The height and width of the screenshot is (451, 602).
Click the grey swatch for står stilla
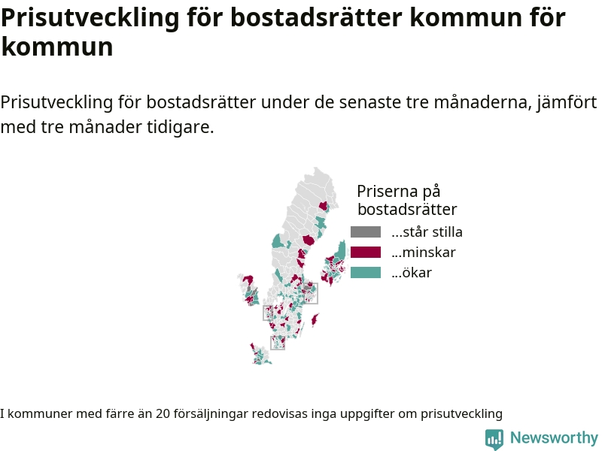coord(366,232)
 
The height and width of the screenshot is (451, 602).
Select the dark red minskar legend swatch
coord(366,253)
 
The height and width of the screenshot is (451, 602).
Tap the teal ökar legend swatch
coord(366,273)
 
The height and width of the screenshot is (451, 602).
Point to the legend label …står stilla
coord(427,232)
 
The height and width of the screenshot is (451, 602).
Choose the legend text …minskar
coord(424,253)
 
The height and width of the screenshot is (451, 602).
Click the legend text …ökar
coord(412,273)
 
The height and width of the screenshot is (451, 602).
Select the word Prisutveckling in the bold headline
coord(90,18)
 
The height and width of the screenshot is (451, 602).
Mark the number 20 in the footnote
coord(163,414)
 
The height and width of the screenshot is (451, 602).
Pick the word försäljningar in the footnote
coord(211,414)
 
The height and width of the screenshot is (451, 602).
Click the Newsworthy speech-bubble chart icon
coord(494,439)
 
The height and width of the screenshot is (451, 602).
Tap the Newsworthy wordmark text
coord(554,437)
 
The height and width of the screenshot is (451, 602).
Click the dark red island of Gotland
coord(315,319)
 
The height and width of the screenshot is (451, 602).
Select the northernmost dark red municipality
coord(324,206)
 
